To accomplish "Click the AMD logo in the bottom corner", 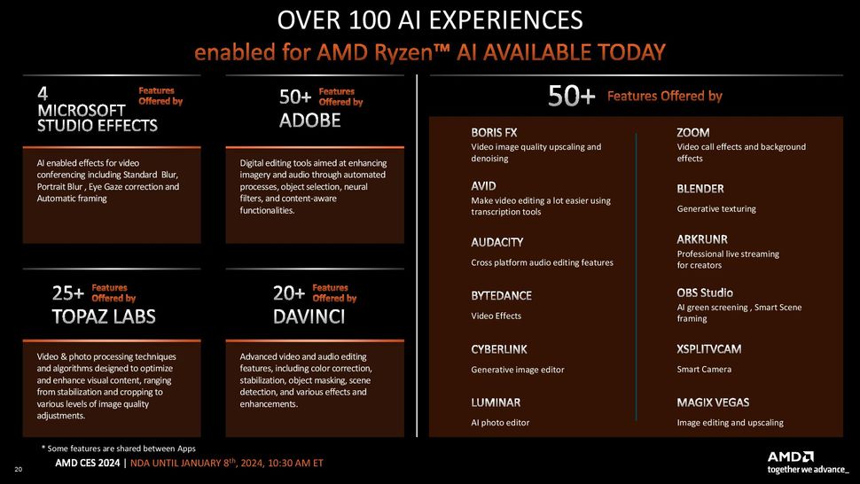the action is pyautogui.click(x=790, y=457).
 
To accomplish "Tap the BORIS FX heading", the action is pyautogui.click(x=494, y=133).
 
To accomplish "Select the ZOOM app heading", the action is pyautogui.click(x=692, y=133).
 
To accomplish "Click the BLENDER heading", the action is pyautogui.click(x=700, y=189).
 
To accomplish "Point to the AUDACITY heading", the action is pyautogui.click(x=496, y=242).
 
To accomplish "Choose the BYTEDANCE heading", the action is pyautogui.click(x=501, y=295).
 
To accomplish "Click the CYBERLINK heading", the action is pyautogui.click(x=498, y=349).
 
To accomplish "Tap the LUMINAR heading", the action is pyautogui.click(x=496, y=402).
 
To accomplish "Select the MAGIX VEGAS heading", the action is pyautogui.click(x=713, y=402).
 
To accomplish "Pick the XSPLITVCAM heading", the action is pyautogui.click(x=708, y=349).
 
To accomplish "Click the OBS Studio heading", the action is pyautogui.click(x=704, y=293).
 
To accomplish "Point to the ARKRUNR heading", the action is pyautogui.click(x=702, y=239).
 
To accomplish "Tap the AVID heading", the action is pyautogui.click(x=483, y=186).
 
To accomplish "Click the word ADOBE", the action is pyautogui.click(x=310, y=121).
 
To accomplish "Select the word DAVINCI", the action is pyautogui.click(x=309, y=316).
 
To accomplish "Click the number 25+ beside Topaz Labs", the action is pyautogui.click(x=68, y=293).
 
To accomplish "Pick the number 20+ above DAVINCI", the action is pyautogui.click(x=289, y=293).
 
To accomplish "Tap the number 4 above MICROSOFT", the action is pyautogui.click(x=43, y=94).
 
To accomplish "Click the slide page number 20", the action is pyautogui.click(x=18, y=469).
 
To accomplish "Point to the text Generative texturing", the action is pyautogui.click(x=715, y=209).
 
